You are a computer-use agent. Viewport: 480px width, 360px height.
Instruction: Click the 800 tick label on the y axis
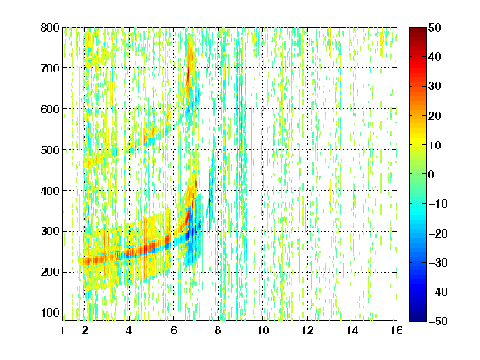point(50,27)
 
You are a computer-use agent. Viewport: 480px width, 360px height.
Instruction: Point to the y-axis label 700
point(50,68)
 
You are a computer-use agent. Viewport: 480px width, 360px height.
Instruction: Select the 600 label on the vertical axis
point(50,109)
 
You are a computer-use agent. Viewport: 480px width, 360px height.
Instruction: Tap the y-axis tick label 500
point(50,150)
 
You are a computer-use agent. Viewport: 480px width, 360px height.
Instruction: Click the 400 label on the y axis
point(50,191)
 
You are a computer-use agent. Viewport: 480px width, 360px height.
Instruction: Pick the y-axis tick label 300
point(50,232)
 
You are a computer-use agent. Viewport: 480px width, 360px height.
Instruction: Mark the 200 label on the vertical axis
point(50,272)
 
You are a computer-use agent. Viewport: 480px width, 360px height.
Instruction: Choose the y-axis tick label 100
point(50,312)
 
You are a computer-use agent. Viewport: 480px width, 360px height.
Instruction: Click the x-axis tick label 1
point(62,330)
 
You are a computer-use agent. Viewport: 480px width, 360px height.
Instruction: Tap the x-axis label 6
point(174,330)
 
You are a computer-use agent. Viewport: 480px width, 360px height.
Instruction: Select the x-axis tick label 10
point(263,330)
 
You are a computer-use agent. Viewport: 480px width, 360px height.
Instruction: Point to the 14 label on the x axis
point(352,330)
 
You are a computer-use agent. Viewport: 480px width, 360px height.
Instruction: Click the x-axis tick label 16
point(397,330)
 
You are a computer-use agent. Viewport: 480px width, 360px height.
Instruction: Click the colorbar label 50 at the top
point(434,27)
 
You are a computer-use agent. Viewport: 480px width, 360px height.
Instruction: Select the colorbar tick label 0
point(432,174)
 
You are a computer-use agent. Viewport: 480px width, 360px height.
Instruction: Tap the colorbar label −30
point(438,262)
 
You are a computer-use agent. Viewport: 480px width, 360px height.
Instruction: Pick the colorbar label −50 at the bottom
point(438,321)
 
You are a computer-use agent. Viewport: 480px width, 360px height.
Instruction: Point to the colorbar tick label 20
point(434,116)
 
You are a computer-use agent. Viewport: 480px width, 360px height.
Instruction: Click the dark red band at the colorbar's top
point(417,33)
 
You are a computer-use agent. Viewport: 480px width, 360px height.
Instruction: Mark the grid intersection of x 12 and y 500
point(307,150)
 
